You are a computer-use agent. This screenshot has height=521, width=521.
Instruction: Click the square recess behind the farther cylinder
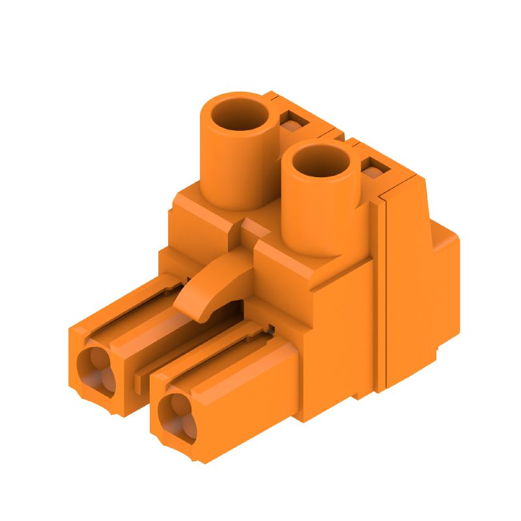click(292, 121)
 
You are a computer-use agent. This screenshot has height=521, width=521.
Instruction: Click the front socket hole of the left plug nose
click(96, 371)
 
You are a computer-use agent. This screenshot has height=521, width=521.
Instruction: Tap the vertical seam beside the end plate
click(383, 287)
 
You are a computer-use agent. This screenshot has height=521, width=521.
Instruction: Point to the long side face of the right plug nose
click(260, 391)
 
